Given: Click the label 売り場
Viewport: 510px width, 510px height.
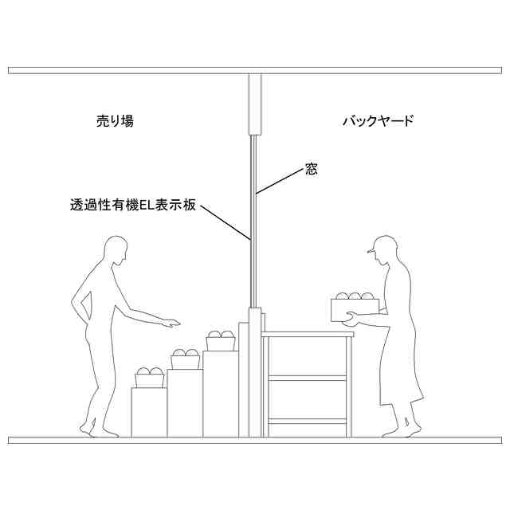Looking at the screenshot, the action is click(115, 122).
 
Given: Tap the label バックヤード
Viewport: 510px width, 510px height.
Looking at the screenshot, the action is click(378, 122).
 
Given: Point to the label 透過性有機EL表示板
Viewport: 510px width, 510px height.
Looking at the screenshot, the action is click(132, 205).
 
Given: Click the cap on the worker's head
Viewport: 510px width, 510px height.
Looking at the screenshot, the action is click(383, 242).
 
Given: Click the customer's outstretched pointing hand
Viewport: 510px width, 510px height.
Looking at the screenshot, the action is click(171, 324).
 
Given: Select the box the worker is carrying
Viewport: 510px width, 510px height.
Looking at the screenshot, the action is click(355, 308).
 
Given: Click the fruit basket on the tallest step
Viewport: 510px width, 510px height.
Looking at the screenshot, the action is click(221, 341).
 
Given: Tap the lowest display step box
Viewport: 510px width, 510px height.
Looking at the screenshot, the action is click(149, 411).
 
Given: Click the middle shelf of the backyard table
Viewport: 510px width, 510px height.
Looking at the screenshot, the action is click(308, 379).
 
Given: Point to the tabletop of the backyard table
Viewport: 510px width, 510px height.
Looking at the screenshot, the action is click(308, 335).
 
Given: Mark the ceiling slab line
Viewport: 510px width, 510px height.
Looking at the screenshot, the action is click(255, 70).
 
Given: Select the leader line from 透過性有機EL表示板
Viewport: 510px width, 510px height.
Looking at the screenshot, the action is click(226, 222).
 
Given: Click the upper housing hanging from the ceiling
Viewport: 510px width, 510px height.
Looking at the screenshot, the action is click(255, 104).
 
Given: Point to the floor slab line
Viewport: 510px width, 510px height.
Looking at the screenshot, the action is click(255, 440).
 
